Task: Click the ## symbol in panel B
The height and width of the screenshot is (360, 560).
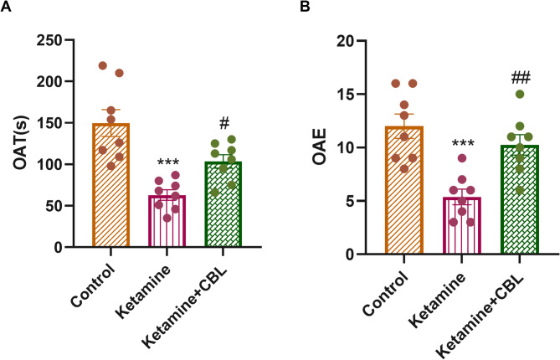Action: click(509, 78)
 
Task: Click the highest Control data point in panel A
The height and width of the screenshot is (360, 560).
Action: click(103, 65)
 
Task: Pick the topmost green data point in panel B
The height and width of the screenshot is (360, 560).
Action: click(519, 94)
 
